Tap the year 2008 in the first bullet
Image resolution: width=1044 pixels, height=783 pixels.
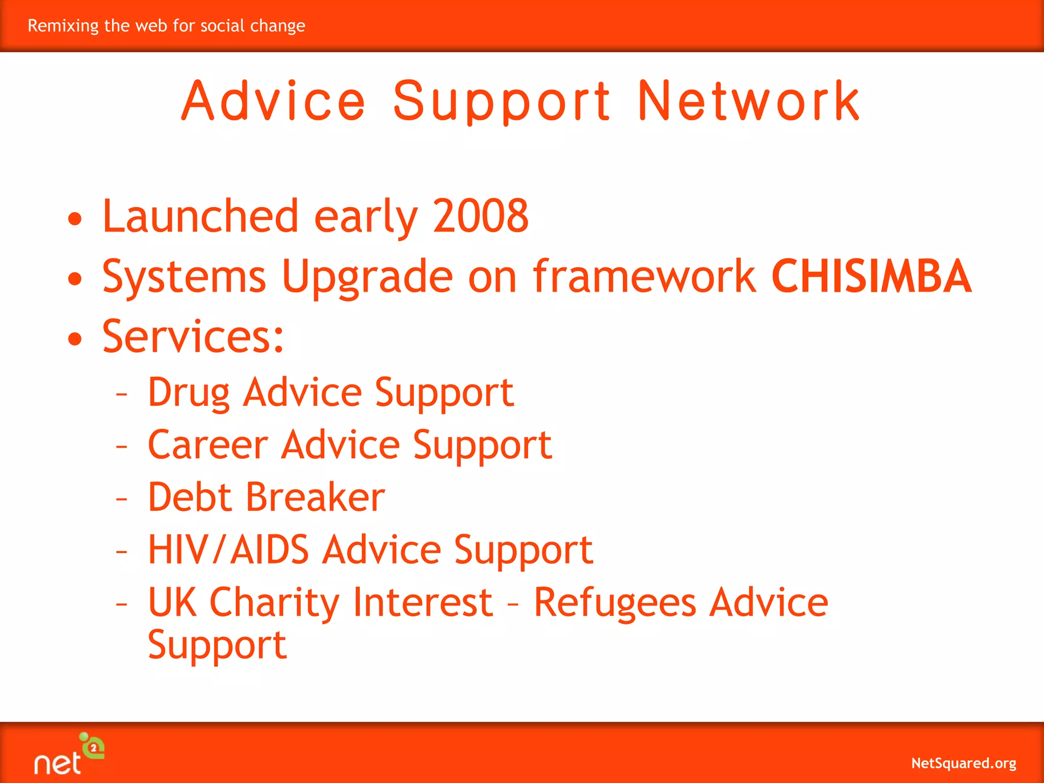[x=481, y=216]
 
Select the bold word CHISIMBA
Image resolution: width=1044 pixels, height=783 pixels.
[x=871, y=276]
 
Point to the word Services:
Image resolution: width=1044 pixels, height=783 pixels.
[x=193, y=336]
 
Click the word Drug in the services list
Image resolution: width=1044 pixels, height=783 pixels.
[x=189, y=393]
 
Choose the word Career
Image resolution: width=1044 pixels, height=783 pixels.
[x=207, y=445]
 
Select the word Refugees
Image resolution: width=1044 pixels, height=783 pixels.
[x=615, y=603]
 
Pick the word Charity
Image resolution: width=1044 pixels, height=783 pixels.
[x=274, y=603]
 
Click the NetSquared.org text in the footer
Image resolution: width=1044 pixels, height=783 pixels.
[x=963, y=763]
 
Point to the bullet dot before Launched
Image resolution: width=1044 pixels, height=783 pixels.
[x=75, y=219]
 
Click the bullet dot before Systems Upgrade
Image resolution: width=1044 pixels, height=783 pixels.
[x=75, y=278]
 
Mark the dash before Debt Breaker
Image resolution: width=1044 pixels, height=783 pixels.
[x=121, y=498]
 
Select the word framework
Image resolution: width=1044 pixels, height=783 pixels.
[x=644, y=276]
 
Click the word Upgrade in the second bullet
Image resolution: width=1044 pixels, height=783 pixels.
[x=367, y=277]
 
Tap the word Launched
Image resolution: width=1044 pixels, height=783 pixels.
[x=200, y=216]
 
